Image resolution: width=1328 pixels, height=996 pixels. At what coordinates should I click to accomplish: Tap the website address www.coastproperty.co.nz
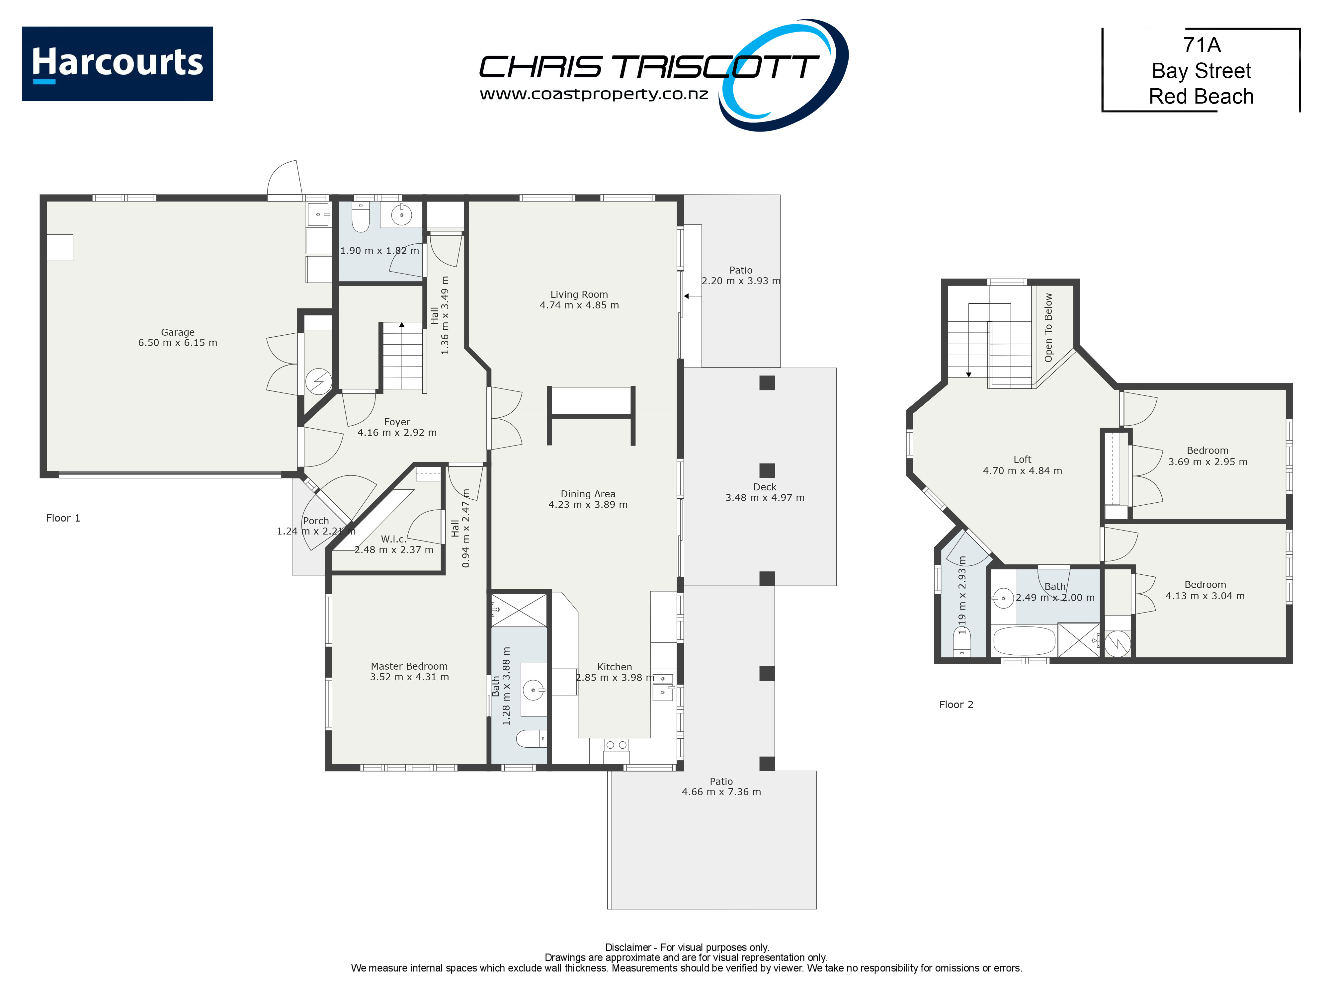pos(594,94)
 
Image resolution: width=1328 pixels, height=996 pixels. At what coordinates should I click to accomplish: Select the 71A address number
pos(1201,45)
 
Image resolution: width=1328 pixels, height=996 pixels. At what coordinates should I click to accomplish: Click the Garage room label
pos(178,332)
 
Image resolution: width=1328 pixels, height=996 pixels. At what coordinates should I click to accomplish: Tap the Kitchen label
pos(614,666)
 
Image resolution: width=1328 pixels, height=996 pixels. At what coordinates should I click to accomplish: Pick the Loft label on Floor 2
pos(1022,459)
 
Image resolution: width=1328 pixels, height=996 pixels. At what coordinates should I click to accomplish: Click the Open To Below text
pos(1048,327)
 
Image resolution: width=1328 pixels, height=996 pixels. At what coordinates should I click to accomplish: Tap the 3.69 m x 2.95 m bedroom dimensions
pos(1207,462)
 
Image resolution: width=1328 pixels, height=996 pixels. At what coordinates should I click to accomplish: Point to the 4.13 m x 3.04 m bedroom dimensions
pos(1205,596)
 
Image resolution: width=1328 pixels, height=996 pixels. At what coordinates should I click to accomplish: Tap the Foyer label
pos(397,422)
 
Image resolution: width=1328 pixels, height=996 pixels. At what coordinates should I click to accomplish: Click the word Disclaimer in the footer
pos(628,948)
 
